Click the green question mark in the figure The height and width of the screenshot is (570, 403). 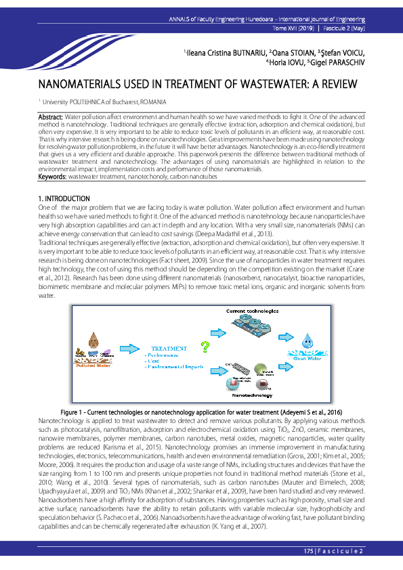click(205, 347)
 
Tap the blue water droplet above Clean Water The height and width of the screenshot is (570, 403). click(308, 339)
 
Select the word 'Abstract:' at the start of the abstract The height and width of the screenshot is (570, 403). click(51, 117)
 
